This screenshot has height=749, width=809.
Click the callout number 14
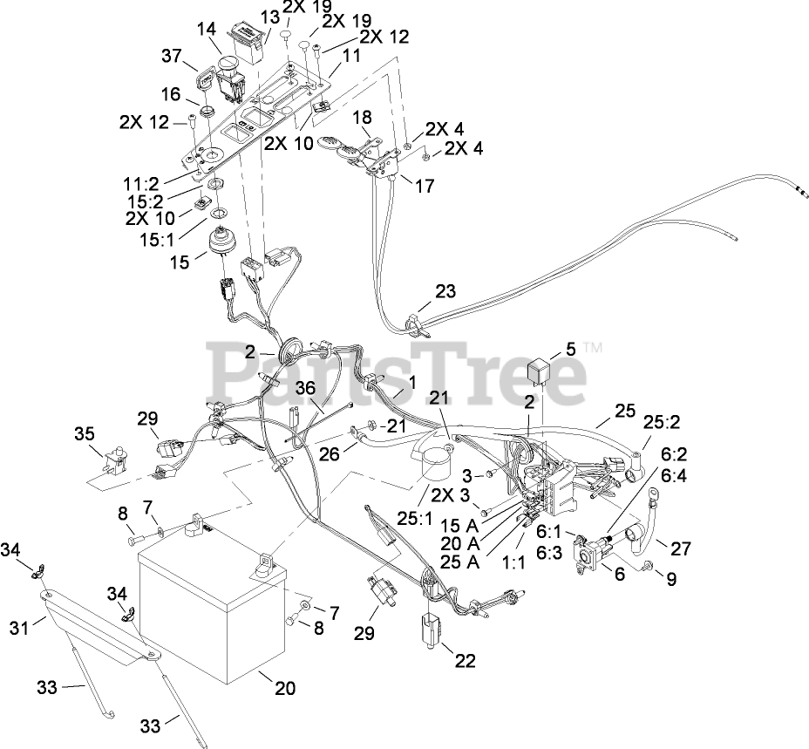[206, 29]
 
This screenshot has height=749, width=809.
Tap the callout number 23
[445, 293]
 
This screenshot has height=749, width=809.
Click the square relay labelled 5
[544, 374]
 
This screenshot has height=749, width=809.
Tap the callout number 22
[466, 660]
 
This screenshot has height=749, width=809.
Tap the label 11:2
[141, 185]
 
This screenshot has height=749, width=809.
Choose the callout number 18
[362, 118]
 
